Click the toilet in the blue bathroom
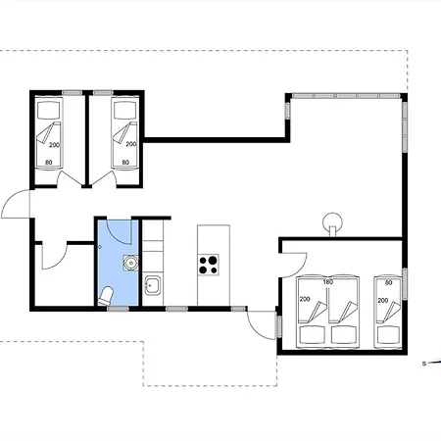coord(106,296)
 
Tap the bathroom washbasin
coord(130,263)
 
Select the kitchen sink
coord(153,285)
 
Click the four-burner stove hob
coord(209,265)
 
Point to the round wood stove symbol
coord(332,223)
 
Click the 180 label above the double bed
coord(327,281)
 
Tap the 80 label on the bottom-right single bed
coord(388,282)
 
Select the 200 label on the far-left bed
coord(54,145)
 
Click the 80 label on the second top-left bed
coord(125,162)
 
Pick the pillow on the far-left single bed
coord(49,110)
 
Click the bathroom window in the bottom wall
coord(118,309)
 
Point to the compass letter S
coord(424,364)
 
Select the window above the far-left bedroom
coord(73,93)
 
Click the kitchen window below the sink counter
coord(176,309)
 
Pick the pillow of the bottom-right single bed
coord(389,335)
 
